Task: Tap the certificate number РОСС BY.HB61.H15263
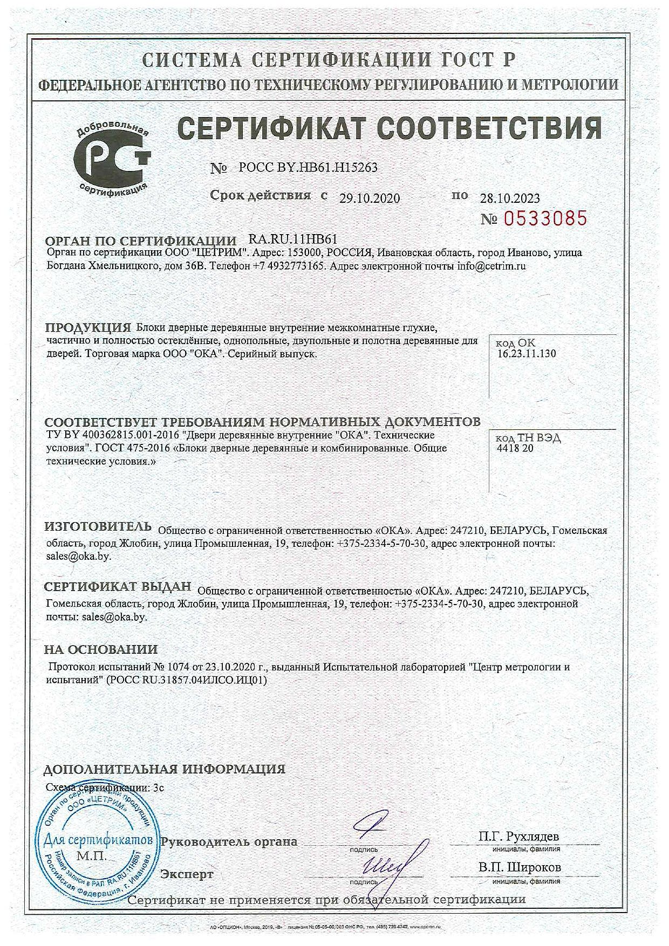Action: [308, 167]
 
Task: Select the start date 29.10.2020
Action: [370, 198]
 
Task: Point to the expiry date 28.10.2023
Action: [510, 198]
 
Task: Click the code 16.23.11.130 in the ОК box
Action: [527, 354]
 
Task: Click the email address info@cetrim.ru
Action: [491, 266]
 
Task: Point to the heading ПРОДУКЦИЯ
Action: [88, 327]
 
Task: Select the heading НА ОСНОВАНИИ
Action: [101, 649]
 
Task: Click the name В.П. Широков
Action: [520, 867]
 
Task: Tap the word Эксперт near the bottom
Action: [187, 874]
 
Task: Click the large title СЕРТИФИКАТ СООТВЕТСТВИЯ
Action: [388, 128]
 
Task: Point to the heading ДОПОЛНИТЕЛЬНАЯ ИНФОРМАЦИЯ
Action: [164, 769]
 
